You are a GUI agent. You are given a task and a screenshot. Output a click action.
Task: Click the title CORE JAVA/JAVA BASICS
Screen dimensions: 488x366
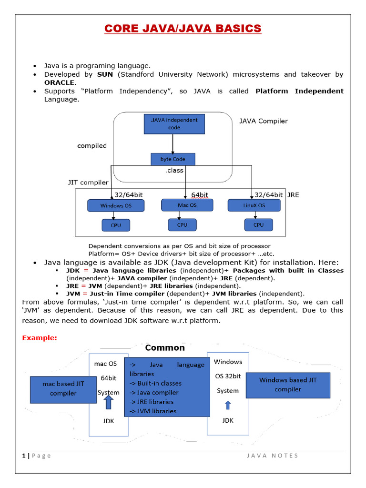[183, 29]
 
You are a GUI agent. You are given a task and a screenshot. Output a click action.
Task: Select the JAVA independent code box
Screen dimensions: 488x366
[174, 124]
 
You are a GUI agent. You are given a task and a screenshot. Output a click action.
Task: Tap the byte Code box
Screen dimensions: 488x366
[173, 159]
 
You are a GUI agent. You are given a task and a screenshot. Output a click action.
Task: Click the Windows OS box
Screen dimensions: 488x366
[115, 206]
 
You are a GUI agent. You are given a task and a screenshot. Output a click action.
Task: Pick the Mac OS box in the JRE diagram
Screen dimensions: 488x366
[187, 205]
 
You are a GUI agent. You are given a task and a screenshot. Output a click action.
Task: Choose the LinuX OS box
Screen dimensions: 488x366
[254, 205]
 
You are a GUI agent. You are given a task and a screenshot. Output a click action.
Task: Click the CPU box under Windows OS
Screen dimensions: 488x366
[116, 225]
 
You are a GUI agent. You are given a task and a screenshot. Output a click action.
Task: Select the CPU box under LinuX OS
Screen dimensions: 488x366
[258, 225]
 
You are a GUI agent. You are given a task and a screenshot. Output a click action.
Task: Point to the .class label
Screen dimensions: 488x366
[174, 170]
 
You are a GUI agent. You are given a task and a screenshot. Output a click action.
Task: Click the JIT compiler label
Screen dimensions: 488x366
[88, 182]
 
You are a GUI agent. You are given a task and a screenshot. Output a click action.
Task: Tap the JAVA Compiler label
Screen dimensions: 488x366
[263, 121]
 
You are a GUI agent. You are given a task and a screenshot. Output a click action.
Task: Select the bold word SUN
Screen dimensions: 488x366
[105, 74]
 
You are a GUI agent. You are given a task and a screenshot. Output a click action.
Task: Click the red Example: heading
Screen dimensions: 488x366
[40, 338]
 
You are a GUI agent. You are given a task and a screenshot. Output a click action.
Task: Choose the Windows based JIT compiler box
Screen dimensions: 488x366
[287, 385]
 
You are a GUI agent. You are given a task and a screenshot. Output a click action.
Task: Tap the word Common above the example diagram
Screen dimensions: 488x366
[165, 348]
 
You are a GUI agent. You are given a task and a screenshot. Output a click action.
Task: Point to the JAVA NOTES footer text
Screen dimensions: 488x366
[272, 456]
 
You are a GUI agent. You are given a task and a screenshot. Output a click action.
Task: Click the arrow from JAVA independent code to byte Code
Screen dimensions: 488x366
[173, 143]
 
